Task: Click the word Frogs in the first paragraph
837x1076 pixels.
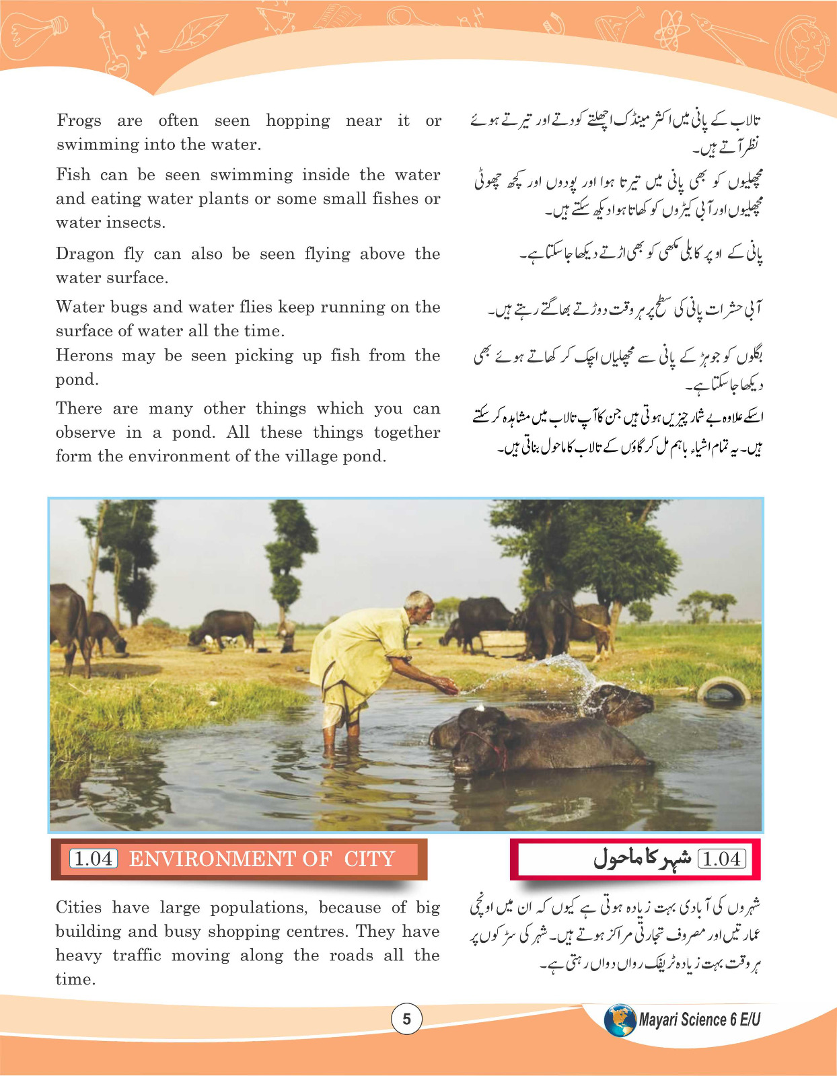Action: [x=79, y=120]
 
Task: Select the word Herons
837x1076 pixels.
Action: [x=83, y=356]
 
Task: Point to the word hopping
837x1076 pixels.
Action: [x=297, y=121]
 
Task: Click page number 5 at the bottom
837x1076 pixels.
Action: [x=406, y=1019]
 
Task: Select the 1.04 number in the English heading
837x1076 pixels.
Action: [x=94, y=859]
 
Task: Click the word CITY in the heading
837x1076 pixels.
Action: [x=369, y=859]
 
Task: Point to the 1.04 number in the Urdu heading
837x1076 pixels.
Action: [x=722, y=859]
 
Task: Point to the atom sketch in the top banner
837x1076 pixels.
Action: [x=670, y=30]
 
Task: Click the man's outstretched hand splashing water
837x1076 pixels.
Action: [x=447, y=687]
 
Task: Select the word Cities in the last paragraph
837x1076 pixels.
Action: [x=79, y=908]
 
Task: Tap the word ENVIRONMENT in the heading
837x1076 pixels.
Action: [x=230, y=859]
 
